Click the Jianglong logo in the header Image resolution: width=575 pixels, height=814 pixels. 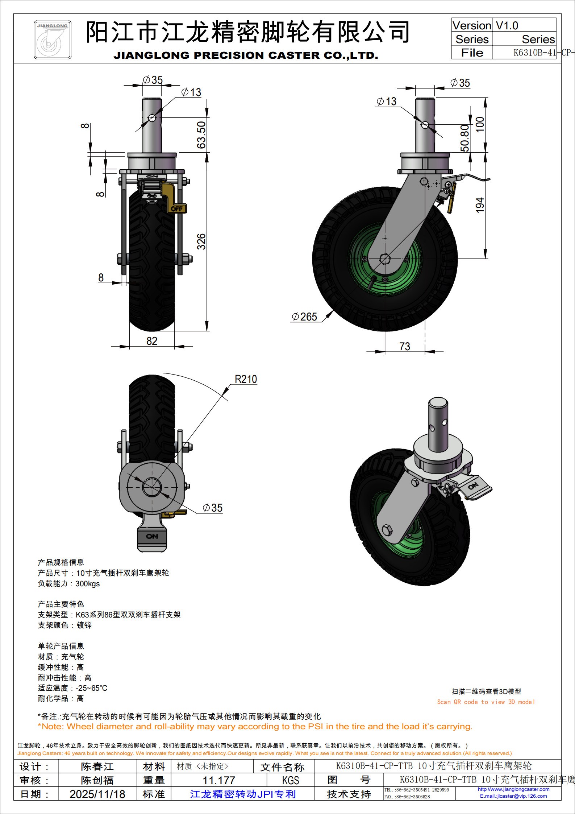tap(53, 40)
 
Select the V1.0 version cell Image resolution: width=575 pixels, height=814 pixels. tap(507, 26)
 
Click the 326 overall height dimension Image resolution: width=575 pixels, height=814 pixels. tap(201, 241)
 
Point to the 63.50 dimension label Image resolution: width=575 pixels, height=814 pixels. tap(201, 135)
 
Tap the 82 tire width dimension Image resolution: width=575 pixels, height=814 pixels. tap(152, 341)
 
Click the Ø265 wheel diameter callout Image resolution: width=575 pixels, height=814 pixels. tap(305, 317)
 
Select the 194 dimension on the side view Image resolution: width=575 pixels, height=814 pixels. tap(480, 205)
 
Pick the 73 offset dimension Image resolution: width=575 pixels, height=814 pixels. tap(405, 346)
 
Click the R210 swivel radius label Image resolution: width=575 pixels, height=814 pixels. tap(246, 379)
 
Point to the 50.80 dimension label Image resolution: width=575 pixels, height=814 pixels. tap(465, 138)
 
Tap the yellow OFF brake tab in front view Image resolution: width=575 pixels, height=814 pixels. tap(177, 208)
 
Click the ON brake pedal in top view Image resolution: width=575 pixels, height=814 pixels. tap(152, 536)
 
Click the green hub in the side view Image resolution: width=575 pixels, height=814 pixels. tap(385, 259)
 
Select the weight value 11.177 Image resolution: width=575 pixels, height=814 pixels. tap(219, 780)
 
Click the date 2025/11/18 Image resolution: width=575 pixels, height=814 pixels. tap(97, 794)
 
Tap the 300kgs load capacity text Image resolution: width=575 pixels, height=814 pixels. tap(87, 584)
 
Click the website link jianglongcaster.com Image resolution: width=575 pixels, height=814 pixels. tap(513, 789)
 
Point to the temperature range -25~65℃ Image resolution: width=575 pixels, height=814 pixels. tap(91, 688)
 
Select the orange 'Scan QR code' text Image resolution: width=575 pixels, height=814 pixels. tap(486, 702)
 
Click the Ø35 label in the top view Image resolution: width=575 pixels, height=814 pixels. tap(213, 508)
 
